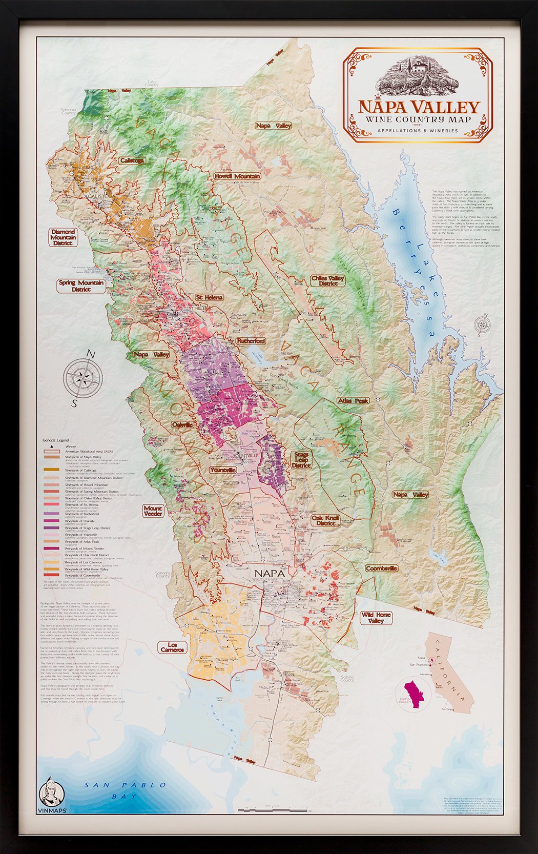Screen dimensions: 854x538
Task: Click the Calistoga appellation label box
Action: pos(132,160)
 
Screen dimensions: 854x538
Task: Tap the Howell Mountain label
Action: pos(237,176)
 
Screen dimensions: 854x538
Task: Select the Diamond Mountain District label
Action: pos(64,237)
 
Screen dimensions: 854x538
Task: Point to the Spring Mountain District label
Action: pos(81,286)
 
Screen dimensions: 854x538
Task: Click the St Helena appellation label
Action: pos(208,297)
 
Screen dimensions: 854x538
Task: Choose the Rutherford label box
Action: pos(251,341)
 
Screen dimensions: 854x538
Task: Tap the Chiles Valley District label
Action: pos(328,281)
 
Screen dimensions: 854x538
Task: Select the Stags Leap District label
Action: pos(301,459)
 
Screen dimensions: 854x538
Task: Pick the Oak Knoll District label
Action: pos(325,521)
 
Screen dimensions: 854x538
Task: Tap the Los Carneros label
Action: pos(172,647)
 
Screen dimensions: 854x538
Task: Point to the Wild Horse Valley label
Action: pos(376,618)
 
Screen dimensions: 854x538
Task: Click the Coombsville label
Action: pos(381,568)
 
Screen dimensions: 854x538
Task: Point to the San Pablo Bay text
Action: pos(126,790)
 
